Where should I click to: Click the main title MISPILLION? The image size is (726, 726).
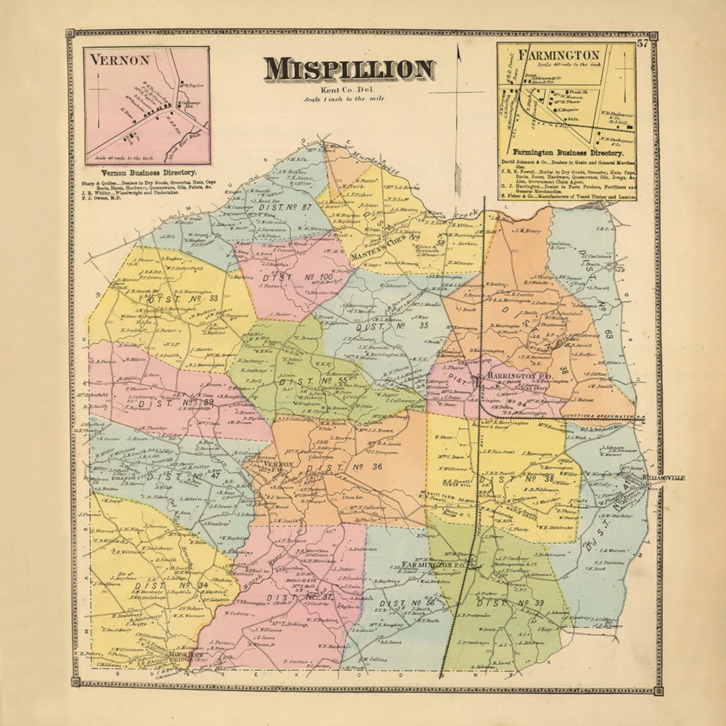tap(349, 70)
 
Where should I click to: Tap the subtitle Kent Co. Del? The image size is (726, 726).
tap(349, 90)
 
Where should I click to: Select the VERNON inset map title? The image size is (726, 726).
tap(120, 59)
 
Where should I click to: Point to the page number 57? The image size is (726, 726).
tap(643, 44)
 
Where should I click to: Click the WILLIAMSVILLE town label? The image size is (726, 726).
tap(663, 477)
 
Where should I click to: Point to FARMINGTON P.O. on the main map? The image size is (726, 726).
tap(430, 563)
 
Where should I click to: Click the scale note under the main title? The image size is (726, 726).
tap(349, 99)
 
